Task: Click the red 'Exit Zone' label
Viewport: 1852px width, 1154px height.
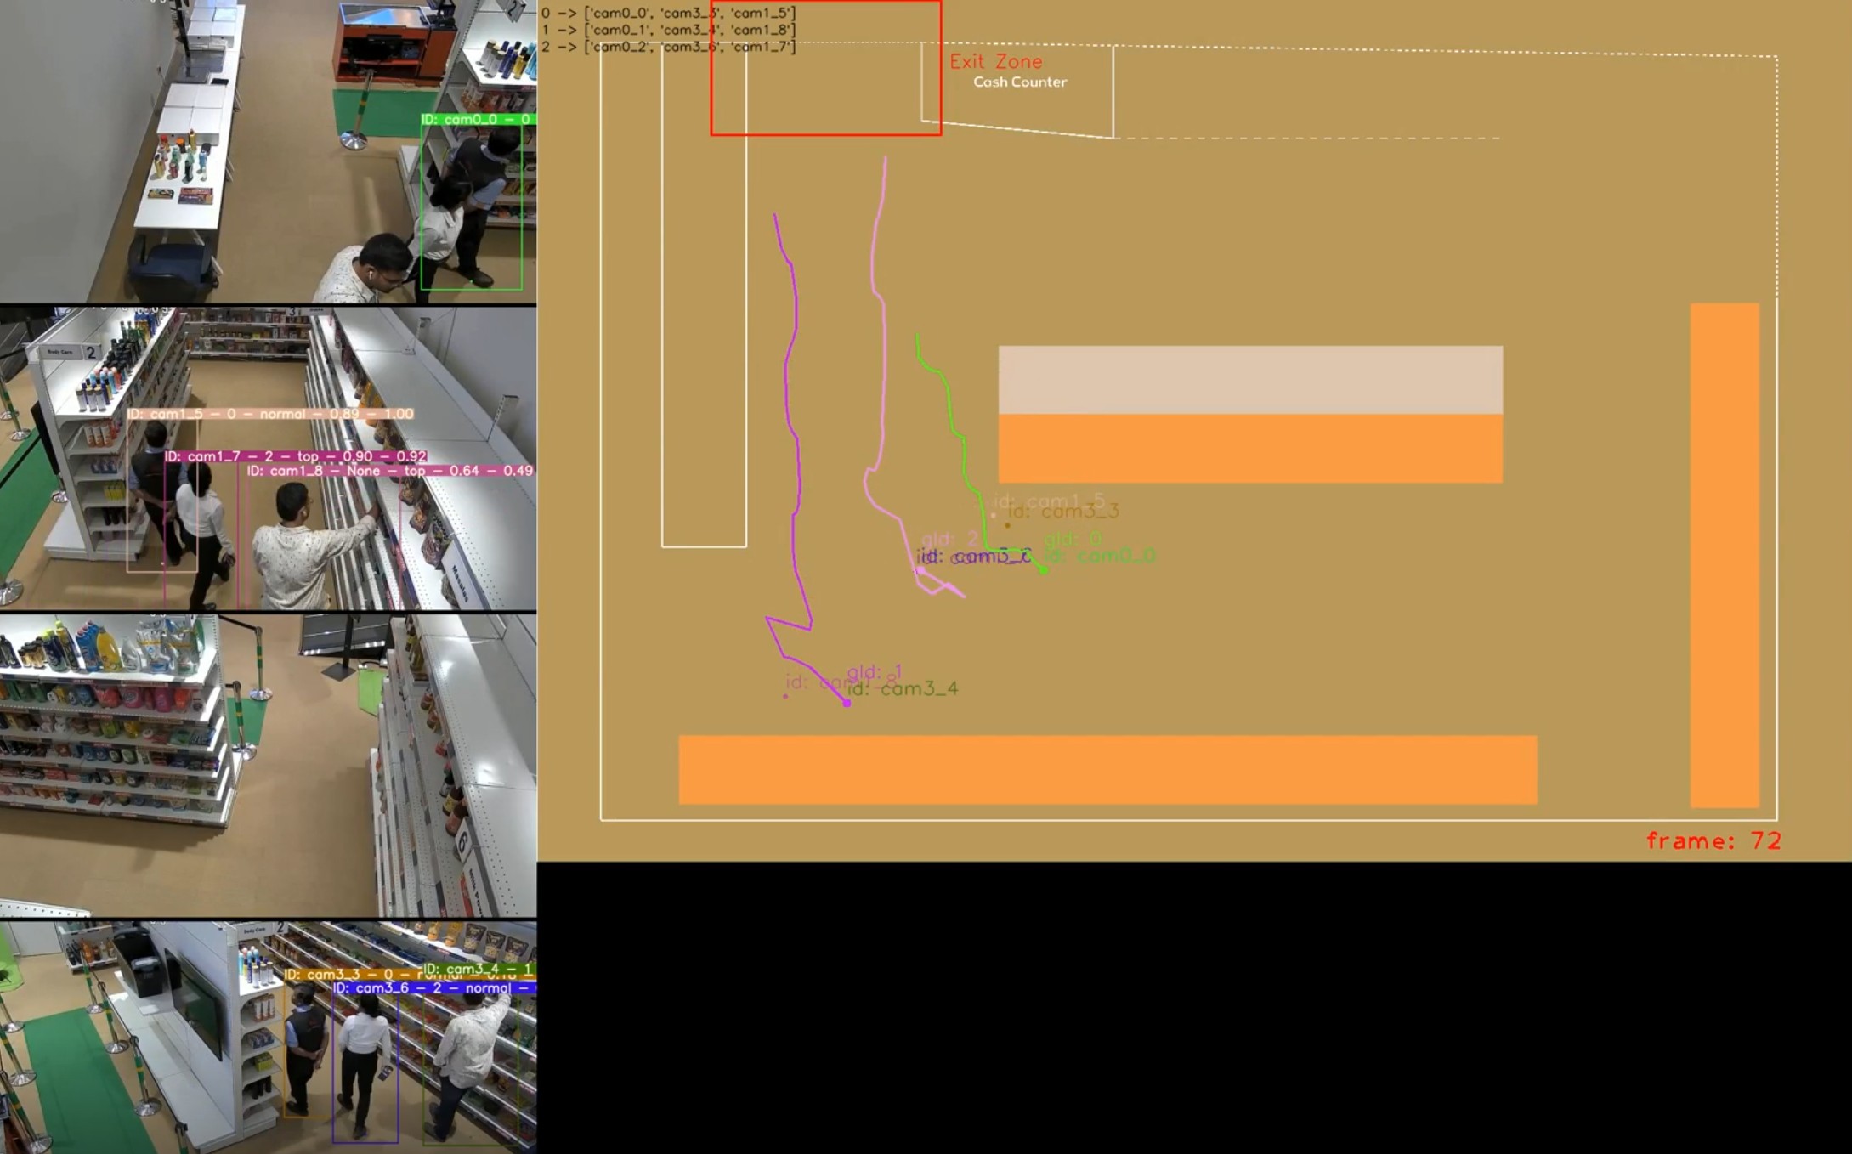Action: [995, 61]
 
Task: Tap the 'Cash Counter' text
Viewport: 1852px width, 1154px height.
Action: [1019, 82]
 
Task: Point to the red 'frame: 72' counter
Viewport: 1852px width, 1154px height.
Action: [1713, 840]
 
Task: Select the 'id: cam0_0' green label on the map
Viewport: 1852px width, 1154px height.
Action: [1100, 556]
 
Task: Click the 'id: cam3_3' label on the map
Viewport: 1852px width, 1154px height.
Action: [1063, 511]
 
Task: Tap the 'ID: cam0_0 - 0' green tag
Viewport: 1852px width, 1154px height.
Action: [476, 120]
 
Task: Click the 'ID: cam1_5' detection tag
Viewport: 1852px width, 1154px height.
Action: [270, 414]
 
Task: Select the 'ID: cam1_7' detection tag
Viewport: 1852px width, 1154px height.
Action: [295, 456]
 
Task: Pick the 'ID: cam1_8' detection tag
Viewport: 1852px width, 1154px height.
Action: [389, 471]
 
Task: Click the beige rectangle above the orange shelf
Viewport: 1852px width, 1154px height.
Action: [1249, 379]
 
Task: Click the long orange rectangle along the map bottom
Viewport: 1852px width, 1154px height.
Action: [1107, 769]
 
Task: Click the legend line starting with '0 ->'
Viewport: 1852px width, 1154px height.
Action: [668, 13]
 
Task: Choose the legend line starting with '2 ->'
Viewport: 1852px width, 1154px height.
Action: [668, 47]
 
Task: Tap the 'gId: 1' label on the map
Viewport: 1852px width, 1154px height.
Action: [874, 672]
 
